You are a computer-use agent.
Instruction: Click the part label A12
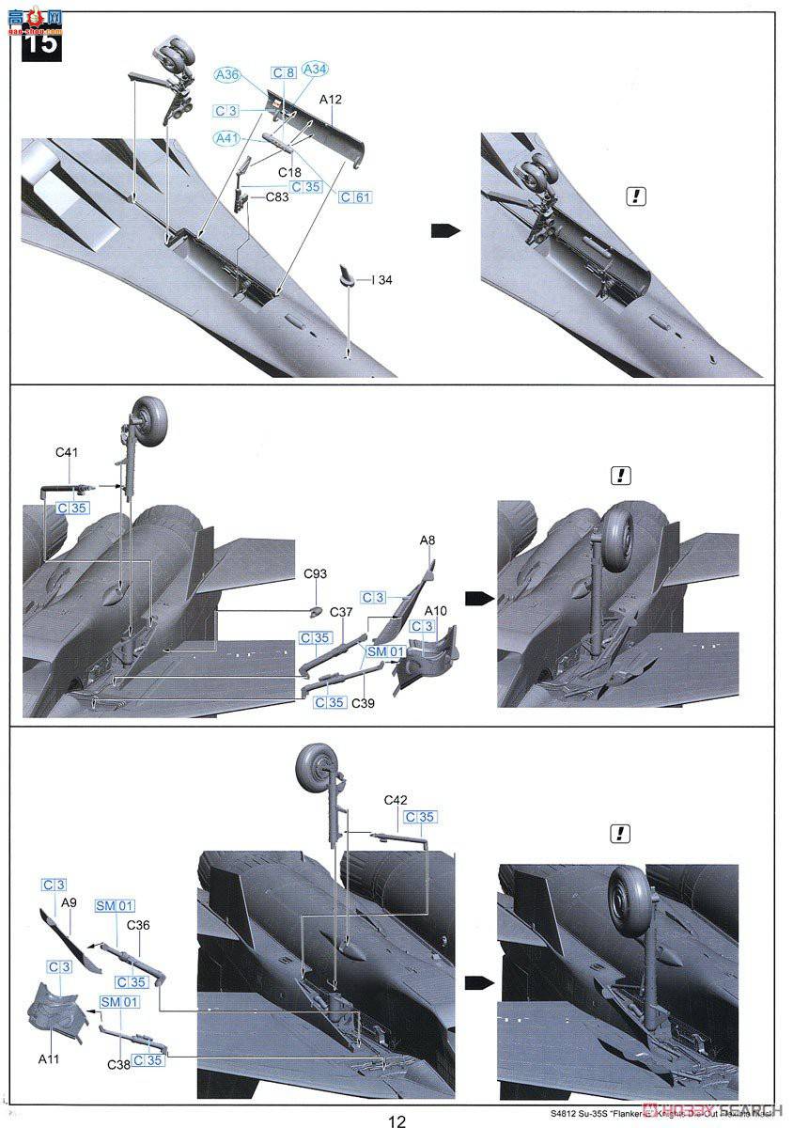pos(331,99)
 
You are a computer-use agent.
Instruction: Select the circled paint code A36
pos(228,75)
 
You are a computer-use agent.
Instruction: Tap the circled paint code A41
pos(227,138)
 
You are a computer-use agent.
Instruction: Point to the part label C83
pos(277,197)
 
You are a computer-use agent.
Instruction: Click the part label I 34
pos(381,279)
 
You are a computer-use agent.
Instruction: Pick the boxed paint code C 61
pos(356,197)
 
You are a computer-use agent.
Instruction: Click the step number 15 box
pos(40,42)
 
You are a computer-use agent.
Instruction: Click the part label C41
pos(67,452)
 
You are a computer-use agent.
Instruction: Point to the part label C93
pos(315,573)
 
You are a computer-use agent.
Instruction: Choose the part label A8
pos(428,540)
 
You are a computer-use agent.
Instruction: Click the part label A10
pos(436,611)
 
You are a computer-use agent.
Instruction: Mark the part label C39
pos(364,703)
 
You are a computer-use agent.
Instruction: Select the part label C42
pos(396,800)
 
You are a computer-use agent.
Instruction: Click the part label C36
pos(137,925)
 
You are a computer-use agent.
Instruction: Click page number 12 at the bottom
pos(396,1120)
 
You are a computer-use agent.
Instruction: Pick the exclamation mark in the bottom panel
pos(619,834)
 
